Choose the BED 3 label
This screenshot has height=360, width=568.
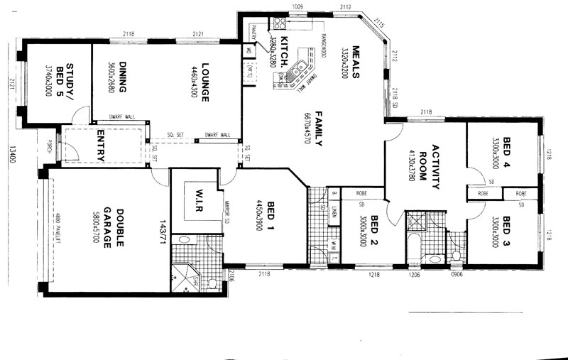(x=506, y=231)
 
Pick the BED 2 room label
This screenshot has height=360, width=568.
(x=373, y=234)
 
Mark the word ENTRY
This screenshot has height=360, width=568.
(x=100, y=146)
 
